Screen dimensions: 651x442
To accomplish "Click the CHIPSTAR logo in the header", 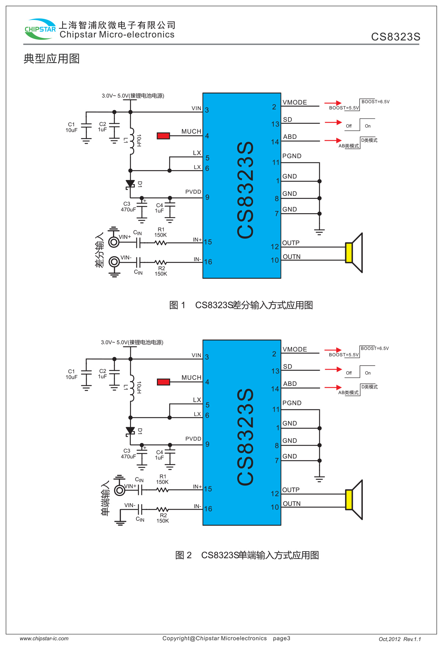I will (x=40, y=29).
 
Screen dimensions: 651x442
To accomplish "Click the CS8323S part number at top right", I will (x=396, y=37).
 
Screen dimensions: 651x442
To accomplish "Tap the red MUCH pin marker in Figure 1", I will (x=163, y=136).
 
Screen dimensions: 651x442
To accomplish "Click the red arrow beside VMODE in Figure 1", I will (x=333, y=103).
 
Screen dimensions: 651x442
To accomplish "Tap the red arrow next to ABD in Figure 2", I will (x=333, y=387).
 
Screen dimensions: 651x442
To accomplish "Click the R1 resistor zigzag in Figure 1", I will (x=161, y=243).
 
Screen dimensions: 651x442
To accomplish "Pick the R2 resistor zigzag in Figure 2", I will (x=162, y=510).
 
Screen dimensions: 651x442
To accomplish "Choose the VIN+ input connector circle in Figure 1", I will (x=114, y=242).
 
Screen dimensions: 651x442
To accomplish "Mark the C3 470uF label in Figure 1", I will (x=128, y=207).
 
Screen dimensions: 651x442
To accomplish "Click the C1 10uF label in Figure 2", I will (x=71, y=374).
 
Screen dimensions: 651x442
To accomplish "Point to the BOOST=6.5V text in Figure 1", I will (x=375, y=102).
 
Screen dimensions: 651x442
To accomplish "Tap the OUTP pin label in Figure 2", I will (x=291, y=490).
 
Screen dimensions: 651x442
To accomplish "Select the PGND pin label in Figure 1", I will (x=292, y=156).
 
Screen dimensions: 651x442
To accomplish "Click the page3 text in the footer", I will (x=281, y=638).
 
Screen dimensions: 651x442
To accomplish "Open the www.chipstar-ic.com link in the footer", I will (x=44, y=638).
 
